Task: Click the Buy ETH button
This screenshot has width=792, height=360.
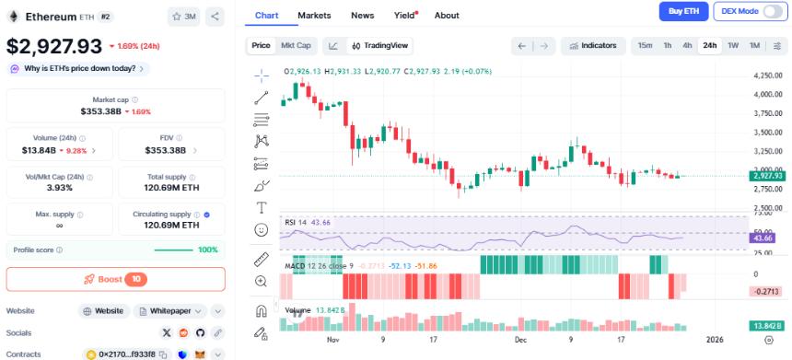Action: tap(684, 11)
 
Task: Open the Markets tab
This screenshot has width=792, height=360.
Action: tap(314, 16)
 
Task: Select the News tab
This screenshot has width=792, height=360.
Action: tap(363, 16)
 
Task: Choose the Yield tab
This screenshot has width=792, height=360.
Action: tap(405, 16)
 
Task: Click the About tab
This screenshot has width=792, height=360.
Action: tap(447, 16)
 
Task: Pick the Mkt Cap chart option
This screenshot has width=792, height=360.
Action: tap(296, 45)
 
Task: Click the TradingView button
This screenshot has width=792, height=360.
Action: tap(380, 45)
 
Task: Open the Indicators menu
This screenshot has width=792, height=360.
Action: tap(594, 45)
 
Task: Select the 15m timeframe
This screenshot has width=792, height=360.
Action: tap(645, 45)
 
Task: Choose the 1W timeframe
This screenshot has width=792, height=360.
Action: tap(733, 45)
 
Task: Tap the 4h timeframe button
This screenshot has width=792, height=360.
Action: tap(687, 45)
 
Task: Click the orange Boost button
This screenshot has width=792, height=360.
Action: tap(115, 279)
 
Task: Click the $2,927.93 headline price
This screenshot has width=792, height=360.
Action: tap(54, 45)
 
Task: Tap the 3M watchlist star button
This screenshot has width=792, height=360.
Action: tap(184, 17)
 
